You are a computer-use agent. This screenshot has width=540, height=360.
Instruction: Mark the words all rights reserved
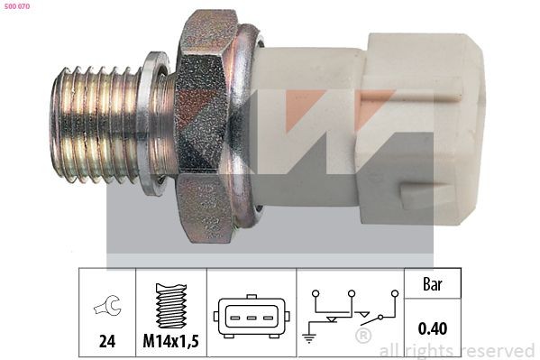pos(456,350)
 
